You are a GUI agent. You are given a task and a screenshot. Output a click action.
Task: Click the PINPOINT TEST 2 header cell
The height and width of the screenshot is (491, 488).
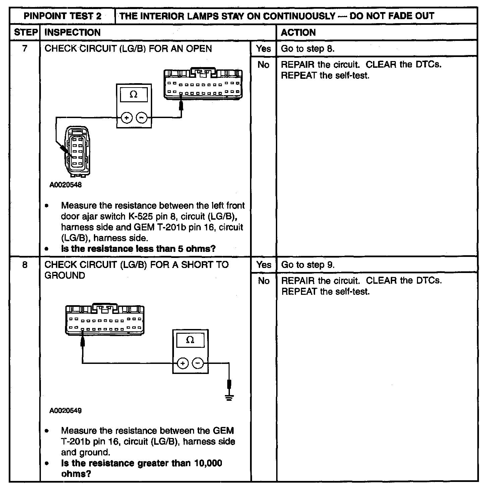click(63, 16)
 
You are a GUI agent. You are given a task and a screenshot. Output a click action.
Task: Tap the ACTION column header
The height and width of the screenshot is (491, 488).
click(298, 33)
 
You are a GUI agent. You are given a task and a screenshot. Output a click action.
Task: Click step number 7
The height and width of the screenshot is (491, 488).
click(25, 49)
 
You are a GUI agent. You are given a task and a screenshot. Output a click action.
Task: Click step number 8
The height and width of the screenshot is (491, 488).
click(25, 265)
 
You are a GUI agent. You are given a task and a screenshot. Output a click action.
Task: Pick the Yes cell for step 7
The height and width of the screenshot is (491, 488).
click(263, 49)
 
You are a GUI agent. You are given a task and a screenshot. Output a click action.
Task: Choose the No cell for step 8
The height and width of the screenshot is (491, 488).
click(264, 281)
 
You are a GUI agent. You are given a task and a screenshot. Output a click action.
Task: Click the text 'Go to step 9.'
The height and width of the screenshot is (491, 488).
click(308, 265)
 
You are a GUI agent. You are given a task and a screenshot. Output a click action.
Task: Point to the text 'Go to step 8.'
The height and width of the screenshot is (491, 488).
click(308, 49)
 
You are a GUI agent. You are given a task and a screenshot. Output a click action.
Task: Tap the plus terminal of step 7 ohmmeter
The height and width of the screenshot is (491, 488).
click(127, 118)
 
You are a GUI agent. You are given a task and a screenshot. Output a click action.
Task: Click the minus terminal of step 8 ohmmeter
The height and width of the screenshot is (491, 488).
click(198, 363)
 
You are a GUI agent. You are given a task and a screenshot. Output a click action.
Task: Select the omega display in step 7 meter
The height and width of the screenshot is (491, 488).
click(133, 95)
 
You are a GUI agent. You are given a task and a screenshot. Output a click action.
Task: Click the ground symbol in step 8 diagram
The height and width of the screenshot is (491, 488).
click(229, 398)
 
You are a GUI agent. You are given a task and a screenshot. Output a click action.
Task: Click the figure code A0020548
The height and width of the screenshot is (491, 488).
click(66, 185)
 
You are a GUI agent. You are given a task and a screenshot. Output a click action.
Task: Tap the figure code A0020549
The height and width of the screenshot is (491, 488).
click(66, 411)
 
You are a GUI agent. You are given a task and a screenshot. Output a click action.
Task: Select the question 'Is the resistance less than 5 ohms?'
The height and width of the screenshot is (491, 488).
click(138, 249)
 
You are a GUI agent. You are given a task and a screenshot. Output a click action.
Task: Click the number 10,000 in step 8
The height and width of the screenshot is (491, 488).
click(208, 463)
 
